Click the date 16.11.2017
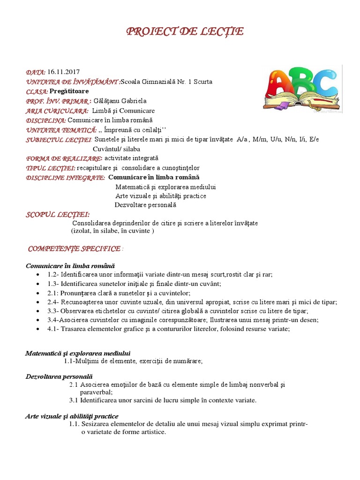(x=63, y=72)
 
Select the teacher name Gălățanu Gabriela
(x=120, y=101)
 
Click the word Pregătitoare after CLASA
(x=69, y=91)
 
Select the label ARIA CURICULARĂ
(x=57, y=111)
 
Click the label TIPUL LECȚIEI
(x=51, y=168)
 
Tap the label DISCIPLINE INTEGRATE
(x=65, y=178)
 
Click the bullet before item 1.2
(x=37, y=274)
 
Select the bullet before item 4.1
(x=37, y=329)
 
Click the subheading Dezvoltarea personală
(x=59, y=376)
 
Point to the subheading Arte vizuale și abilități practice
(x=72, y=416)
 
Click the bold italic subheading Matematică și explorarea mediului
(x=78, y=353)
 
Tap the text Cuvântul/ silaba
(x=116, y=149)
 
